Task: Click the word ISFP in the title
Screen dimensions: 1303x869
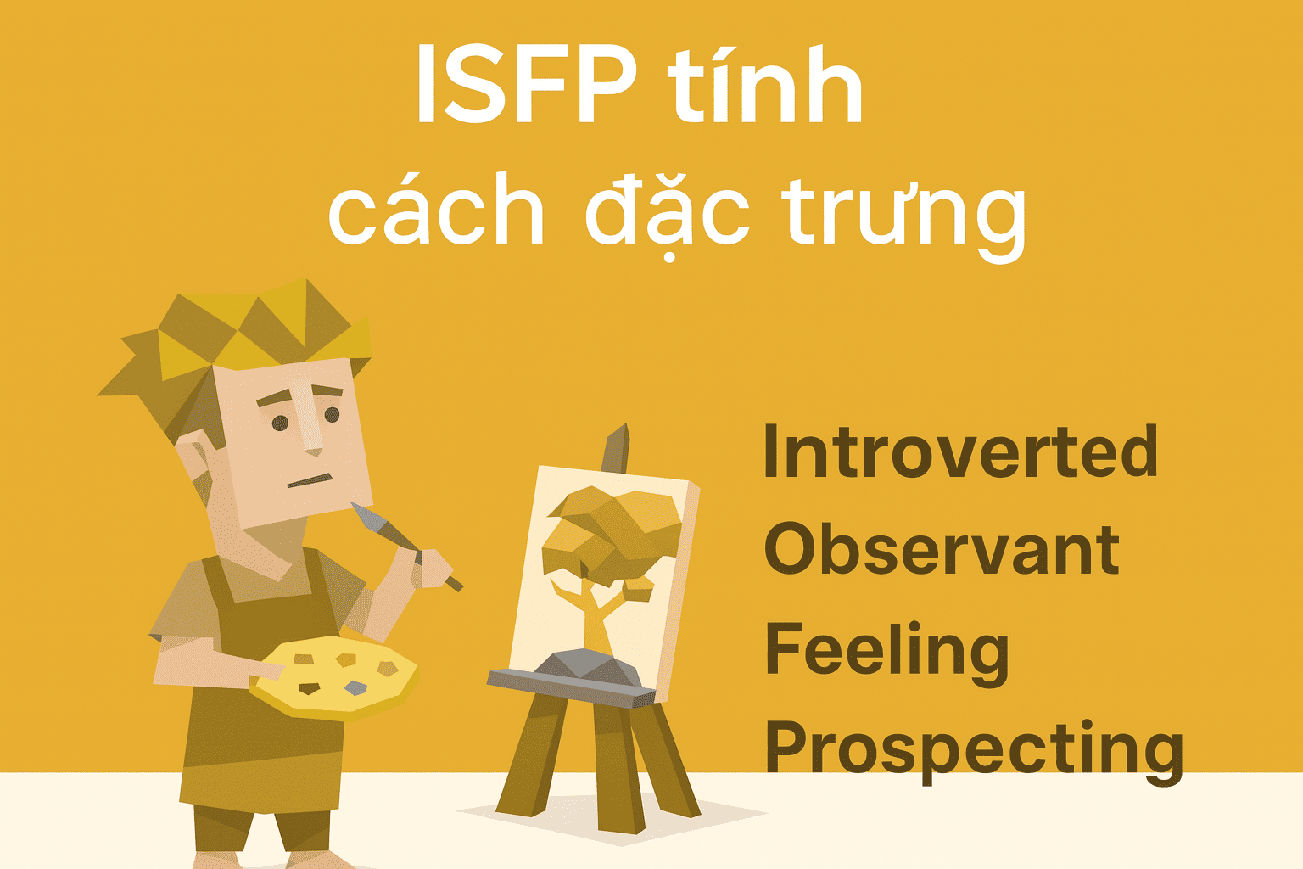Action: pyautogui.click(x=527, y=84)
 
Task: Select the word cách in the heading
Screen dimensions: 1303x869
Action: pyautogui.click(x=436, y=209)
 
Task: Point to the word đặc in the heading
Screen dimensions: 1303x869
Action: pyautogui.click(x=668, y=216)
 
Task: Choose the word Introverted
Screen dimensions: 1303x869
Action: pyautogui.click(x=960, y=451)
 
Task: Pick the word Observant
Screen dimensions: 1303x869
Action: pyautogui.click(x=942, y=548)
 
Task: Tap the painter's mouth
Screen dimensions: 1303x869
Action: pyautogui.click(x=310, y=481)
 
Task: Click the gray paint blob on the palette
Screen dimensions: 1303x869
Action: pyautogui.click(x=355, y=688)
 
